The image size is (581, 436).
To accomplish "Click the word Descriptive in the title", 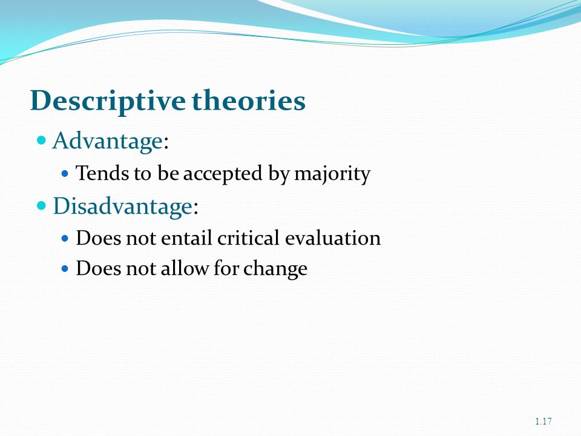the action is (108, 101).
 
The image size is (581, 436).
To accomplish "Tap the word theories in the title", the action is (249, 100).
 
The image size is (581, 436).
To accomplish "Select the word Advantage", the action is (108, 142).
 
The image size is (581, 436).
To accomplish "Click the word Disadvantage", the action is (123, 206).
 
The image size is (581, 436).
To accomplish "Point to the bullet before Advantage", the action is (42, 140).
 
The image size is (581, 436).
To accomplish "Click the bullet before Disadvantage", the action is (42, 205).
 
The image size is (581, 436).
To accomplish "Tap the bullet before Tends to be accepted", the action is (65, 173).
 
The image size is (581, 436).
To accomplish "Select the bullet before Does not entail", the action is (65, 238).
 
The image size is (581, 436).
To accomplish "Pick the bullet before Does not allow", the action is (65, 268).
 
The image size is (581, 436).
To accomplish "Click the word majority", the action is (332, 174).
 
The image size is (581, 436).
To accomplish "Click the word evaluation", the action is (333, 237).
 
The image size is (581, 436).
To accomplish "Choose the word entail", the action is (186, 237).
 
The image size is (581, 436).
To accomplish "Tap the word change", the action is (275, 268).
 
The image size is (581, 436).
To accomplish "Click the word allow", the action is (185, 268).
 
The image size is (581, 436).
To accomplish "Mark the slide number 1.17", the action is (543, 421).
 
